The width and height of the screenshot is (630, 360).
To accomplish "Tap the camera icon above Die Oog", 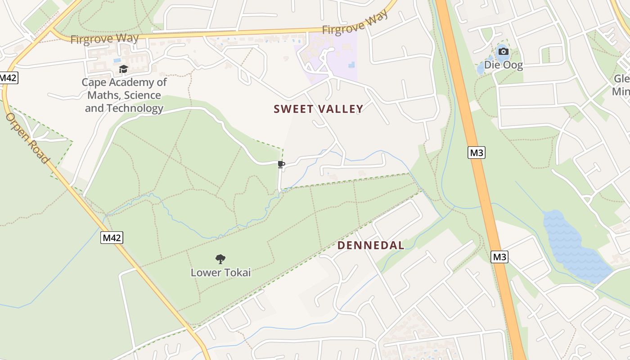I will click(x=504, y=52).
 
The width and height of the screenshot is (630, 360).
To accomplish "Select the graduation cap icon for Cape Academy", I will click(x=123, y=69).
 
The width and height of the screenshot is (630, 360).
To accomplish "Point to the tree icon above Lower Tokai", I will click(x=220, y=259).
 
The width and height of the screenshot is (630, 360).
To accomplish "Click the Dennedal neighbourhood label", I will click(x=371, y=245).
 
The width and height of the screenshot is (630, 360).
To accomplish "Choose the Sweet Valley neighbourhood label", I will click(x=318, y=109).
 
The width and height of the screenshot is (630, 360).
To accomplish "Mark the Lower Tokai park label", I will click(x=220, y=272).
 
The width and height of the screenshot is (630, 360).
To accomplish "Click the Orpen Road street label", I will click(x=27, y=138).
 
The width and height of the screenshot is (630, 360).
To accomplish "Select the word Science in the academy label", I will click(x=143, y=95).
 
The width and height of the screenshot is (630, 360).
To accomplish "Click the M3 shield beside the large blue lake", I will click(x=499, y=257).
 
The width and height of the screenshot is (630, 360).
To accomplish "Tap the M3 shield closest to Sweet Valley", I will click(x=477, y=153).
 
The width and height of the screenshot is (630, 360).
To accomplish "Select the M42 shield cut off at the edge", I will click(x=8, y=77).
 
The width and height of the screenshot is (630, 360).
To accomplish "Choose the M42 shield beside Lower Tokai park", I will click(x=111, y=238).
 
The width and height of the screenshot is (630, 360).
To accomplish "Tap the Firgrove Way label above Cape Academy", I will click(x=104, y=39).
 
